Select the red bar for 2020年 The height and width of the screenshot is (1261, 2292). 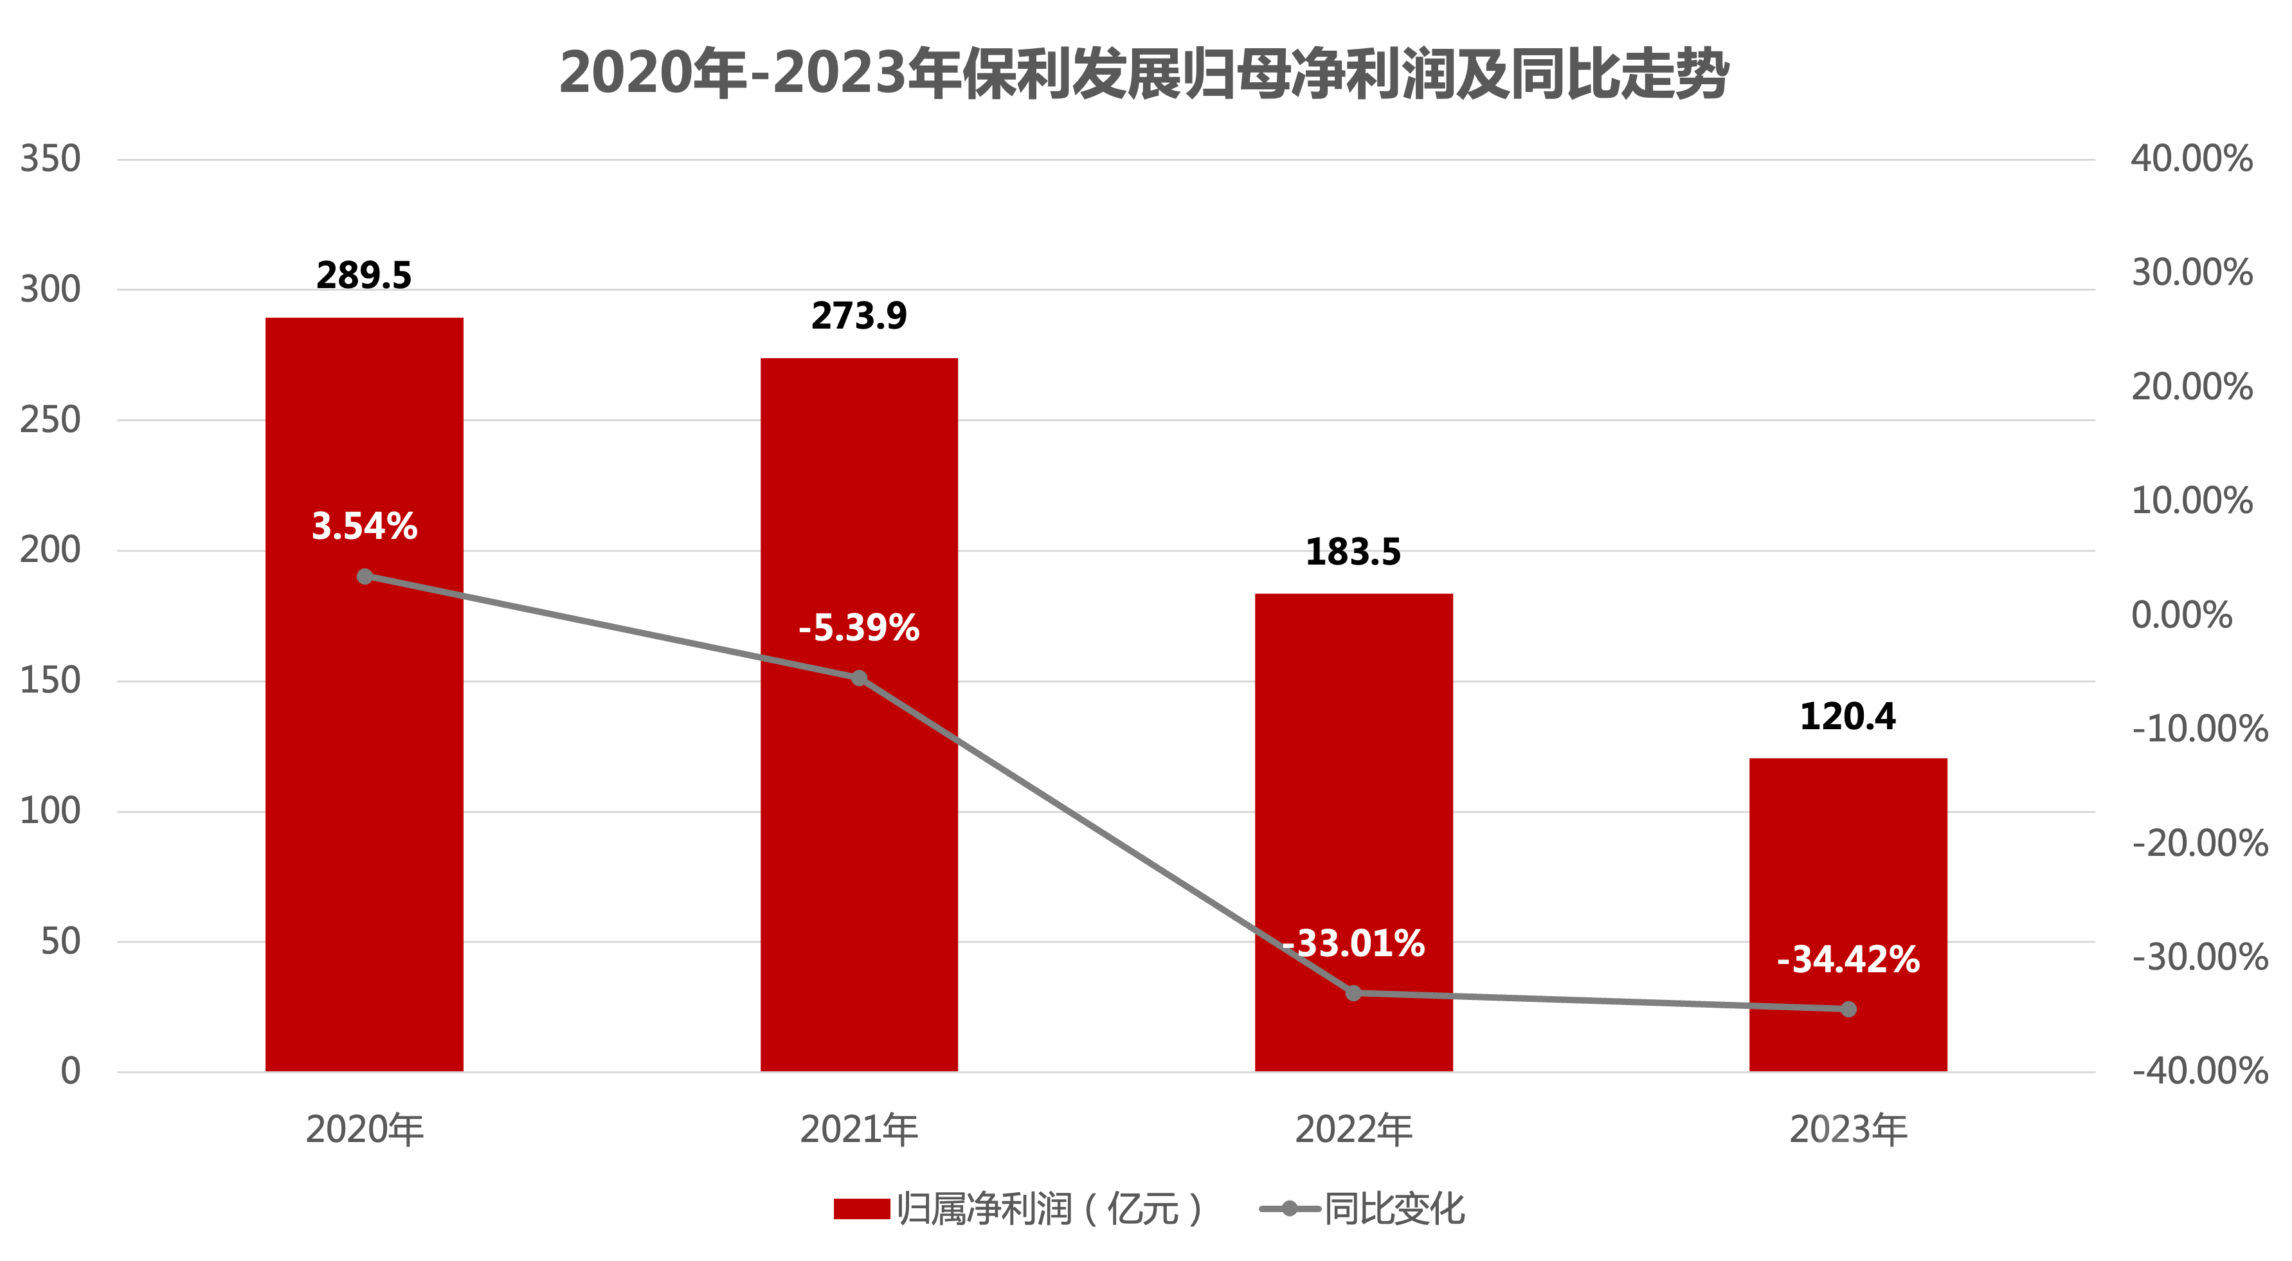point(364,801)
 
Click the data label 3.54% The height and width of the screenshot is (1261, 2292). point(364,526)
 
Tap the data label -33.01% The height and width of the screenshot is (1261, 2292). point(1353,943)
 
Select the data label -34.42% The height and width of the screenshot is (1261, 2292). point(1848,959)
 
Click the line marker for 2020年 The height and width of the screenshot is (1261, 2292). point(365,577)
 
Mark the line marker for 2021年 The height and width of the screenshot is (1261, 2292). point(860,678)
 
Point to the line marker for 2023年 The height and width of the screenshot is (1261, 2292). point(1848,1009)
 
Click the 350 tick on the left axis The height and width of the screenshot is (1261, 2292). point(51,159)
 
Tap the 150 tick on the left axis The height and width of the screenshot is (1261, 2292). point(51,681)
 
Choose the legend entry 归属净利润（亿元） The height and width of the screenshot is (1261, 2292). point(1019,1208)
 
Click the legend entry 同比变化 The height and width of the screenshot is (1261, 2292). point(1363,1208)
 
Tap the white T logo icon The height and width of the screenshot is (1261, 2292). point(1879,1154)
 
